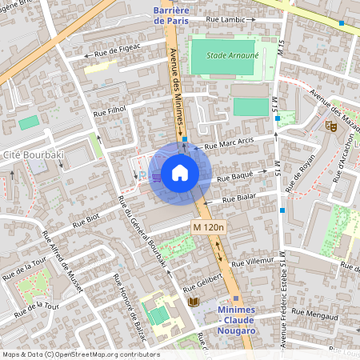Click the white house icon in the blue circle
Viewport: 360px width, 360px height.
click(x=180, y=173)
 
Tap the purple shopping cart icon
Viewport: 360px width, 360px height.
click(x=157, y=176)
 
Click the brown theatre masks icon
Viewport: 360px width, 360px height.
click(x=330, y=125)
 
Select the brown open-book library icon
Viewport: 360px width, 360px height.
click(x=193, y=302)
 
